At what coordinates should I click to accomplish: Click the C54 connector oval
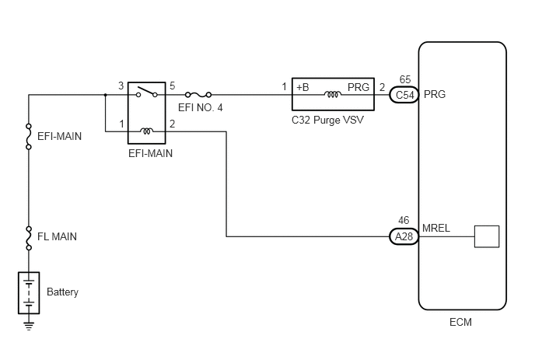click(404, 95)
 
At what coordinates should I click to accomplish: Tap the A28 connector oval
click(404, 236)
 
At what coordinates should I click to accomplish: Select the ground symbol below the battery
click(29, 326)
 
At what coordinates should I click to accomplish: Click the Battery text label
click(62, 292)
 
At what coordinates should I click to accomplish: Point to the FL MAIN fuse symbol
click(29, 238)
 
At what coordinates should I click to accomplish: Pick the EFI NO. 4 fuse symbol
click(198, 95)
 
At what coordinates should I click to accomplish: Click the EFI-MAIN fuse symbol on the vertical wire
click(29, 137)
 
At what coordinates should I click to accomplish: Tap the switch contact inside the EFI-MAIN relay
click(147, 92)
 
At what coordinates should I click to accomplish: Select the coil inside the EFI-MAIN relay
click(147, 131)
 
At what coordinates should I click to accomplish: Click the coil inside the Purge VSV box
click(333, 94)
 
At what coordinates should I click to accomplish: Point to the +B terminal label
click(302, 87)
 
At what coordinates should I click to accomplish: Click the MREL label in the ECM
click(436, 228)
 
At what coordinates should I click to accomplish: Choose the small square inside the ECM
click(487, 236)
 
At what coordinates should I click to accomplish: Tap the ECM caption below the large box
click(460, 322)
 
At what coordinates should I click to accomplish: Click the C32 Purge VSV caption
click(328, 120)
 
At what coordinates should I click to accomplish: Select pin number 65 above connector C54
click(405, 79)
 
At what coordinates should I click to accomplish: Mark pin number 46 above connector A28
click(404, 221)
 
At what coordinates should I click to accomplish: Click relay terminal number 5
click(173, 86)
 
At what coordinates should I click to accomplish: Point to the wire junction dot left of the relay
click(106, 95)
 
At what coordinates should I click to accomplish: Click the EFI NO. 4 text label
click(201, 108)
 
